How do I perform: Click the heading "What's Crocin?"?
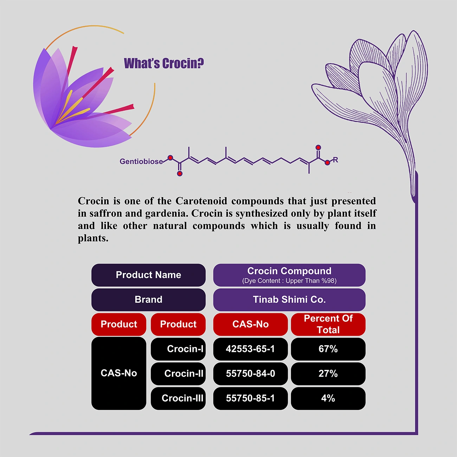point(164,63)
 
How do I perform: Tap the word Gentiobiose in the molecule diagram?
point(141,161)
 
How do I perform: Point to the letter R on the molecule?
point(335,160)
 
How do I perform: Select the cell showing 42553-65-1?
point(250,349)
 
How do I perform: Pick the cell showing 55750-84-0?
point(250,374)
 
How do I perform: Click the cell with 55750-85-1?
point(250,398)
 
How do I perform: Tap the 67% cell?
point(328,349)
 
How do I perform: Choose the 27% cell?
point(328,374)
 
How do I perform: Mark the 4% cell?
point(328,398)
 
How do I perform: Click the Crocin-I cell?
point(178,349)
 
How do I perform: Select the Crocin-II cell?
point(178,374)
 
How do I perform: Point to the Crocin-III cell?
point(178,398)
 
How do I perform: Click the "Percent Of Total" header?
point(328,324)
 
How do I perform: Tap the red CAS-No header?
point(250,324)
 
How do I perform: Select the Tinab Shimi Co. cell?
point(289,300)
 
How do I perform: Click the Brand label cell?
point(148,300)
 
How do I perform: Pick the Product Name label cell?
point(148,275)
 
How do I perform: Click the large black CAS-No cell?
point(119,373)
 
